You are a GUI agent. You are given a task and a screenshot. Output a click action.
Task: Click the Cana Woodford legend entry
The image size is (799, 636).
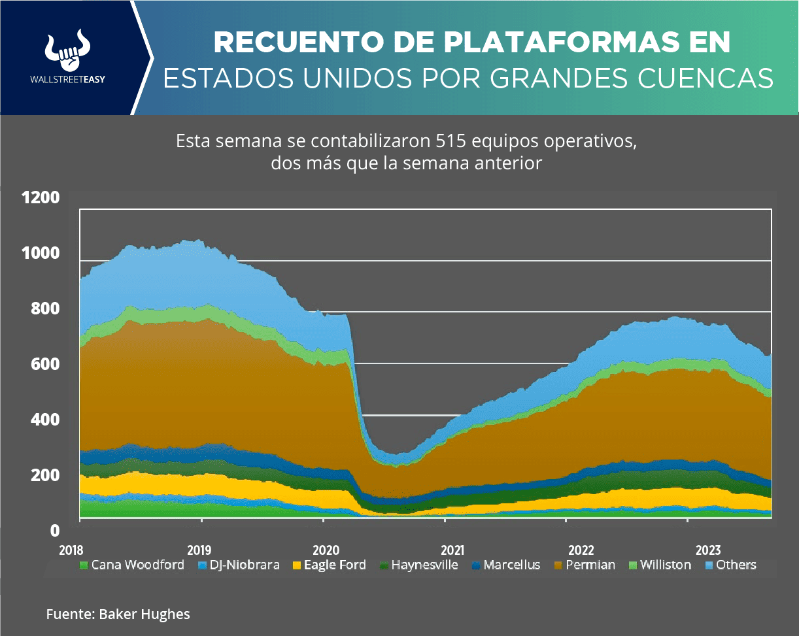(137, 565)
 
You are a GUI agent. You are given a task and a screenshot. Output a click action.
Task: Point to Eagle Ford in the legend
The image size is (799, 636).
(334, 565)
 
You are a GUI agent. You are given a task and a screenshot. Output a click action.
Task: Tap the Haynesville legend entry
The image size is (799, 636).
(424, 565)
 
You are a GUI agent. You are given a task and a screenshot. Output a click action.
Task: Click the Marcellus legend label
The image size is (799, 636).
(511, 565)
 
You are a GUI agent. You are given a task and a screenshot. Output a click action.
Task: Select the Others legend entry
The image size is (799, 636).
(736, 565)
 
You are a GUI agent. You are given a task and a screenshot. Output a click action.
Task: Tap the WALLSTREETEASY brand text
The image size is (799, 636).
(68, 80)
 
